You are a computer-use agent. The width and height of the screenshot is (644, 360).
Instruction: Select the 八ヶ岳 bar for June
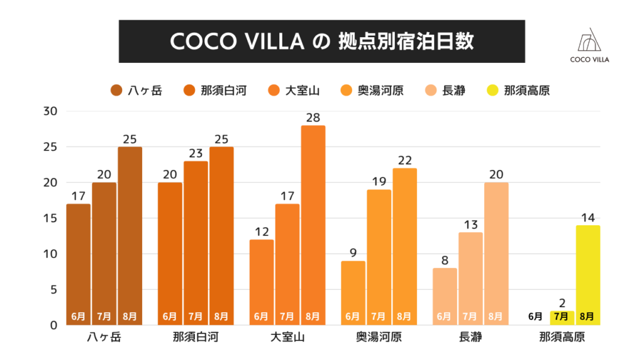[x=78, y=264]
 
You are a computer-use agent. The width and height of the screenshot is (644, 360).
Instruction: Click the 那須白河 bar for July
[x=196, y=243]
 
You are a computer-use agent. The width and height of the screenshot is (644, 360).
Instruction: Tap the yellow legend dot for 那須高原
[x=492, y=91]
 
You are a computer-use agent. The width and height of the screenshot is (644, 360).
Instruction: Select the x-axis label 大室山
[x=287, y=338]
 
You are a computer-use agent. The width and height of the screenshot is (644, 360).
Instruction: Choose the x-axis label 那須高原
[x=562, y=338]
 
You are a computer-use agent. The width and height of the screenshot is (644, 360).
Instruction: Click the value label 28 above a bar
[x=313, y=117]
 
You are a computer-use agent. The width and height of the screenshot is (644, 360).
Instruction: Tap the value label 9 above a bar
[x=353, y=253]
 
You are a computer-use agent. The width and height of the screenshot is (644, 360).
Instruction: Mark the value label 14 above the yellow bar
[x=587, y=217]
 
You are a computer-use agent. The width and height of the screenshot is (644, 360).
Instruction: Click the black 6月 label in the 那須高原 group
[x=536, y=316]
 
